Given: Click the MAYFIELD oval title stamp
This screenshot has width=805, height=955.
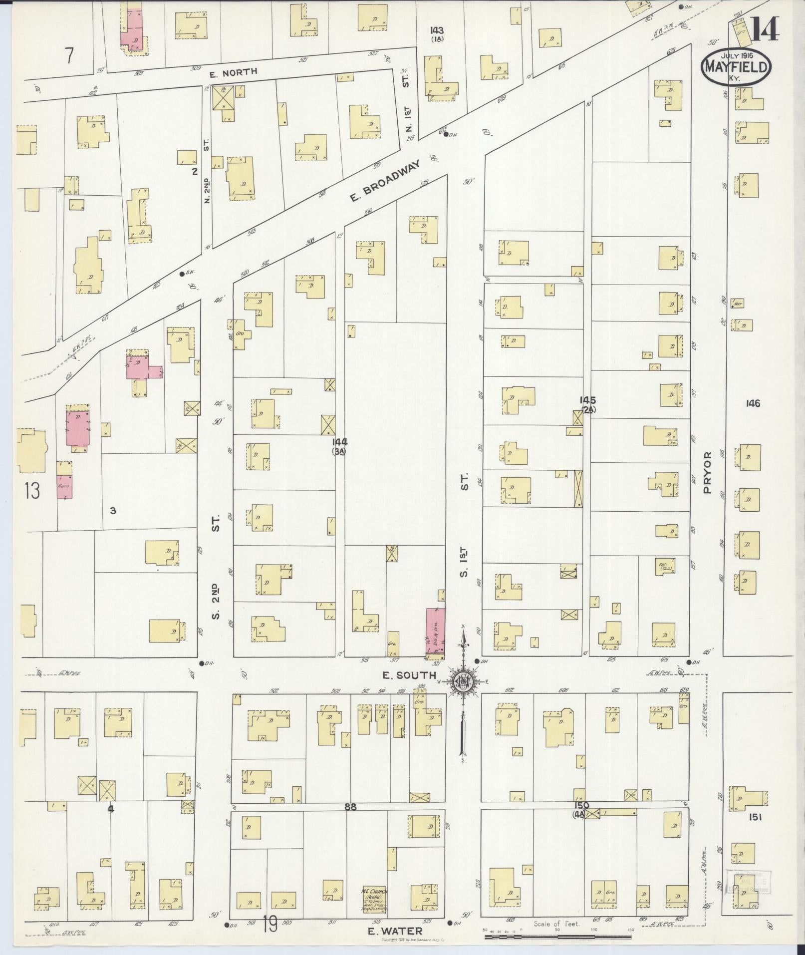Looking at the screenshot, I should coord(736,67).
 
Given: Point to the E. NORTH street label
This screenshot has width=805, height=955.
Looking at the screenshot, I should coord(233,72).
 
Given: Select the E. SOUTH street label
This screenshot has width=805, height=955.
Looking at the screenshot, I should coord(409,675).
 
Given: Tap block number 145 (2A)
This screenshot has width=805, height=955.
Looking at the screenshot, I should coord(587,404).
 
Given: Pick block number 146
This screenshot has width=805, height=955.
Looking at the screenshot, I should coord(753,403).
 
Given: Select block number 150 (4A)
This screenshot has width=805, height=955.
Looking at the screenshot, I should coord(582,808).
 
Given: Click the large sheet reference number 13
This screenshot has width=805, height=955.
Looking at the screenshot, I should coord(31,491).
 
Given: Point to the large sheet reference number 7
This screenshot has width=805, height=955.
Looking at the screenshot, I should coord(69,56).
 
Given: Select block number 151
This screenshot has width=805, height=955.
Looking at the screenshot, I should coord(754,817).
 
